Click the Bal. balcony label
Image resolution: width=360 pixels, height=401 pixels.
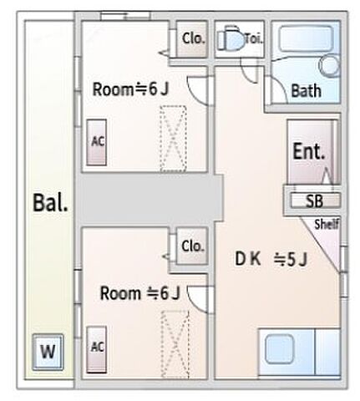point(51,202)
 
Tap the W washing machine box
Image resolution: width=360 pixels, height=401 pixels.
point(48,352)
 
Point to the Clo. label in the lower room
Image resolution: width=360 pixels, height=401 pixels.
point(193,246)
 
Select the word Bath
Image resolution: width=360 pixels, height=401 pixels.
point(306,90)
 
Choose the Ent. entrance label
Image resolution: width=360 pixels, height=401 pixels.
point(307,153)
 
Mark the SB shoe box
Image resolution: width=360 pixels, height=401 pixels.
point(314,200)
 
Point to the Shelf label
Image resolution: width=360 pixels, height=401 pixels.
point(327,224)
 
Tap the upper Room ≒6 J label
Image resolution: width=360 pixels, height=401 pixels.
point(130,90)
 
